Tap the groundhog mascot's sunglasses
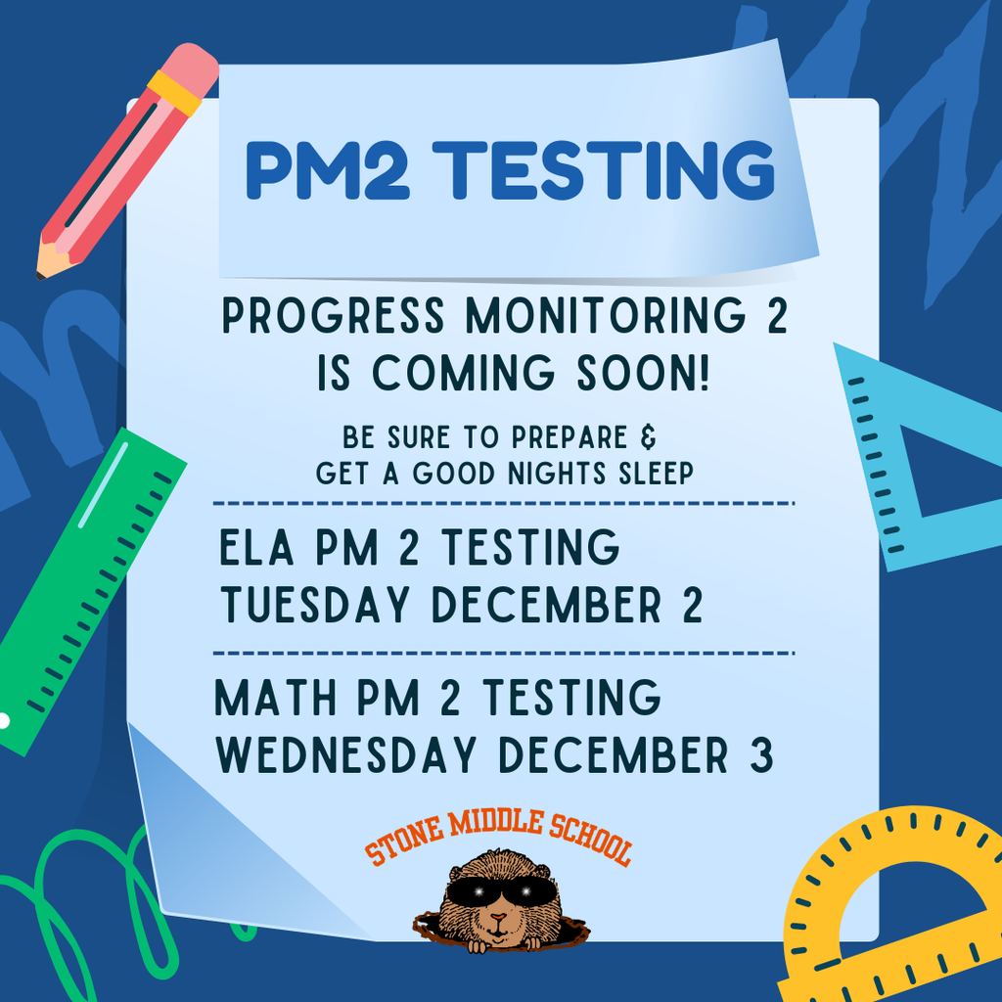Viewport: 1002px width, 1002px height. (x=498, y=890)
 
